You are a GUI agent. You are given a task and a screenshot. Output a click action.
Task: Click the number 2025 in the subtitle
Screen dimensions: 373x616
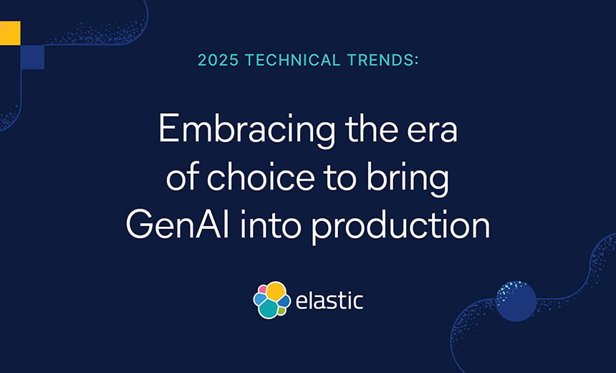(218, 60)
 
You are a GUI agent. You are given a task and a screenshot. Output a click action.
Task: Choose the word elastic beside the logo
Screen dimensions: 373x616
(330, 301)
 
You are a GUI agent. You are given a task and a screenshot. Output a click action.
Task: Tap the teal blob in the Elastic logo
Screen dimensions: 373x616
(269, 308)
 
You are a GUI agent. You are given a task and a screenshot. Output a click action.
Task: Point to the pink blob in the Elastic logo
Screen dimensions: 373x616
(262, 289)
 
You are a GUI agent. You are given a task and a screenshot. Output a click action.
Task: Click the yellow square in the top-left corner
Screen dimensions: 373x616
(9, 32)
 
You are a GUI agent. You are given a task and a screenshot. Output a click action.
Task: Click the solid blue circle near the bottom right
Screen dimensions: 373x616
(516, 301)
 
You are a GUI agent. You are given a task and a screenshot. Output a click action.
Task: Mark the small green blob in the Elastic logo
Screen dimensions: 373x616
(282, 311)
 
